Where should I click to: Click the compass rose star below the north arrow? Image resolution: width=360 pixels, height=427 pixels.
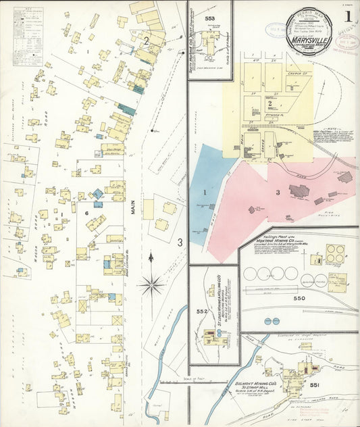[x=151, y=284]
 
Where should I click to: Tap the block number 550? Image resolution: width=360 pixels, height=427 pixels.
[x=299, y=298]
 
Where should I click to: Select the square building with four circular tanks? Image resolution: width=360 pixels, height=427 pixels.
[x=336, y=253]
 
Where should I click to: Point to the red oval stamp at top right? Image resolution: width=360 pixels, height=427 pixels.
[x=276, y=30]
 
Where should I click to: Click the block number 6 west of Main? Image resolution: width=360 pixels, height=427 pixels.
[x=86, y=214]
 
